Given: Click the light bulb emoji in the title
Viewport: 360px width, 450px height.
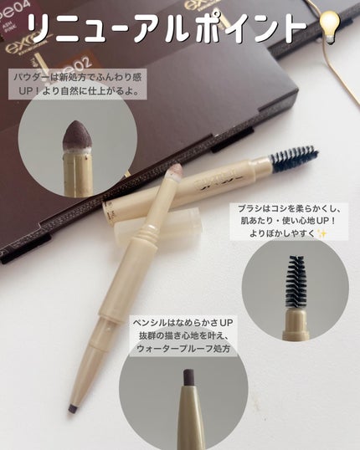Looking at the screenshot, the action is click(331, 28).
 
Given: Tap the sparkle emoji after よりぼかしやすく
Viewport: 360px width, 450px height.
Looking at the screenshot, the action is click(322, 234).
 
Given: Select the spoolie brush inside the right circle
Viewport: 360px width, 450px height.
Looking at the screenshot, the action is click(296, 282).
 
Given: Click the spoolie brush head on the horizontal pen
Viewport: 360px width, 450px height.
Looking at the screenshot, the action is click(294, 158).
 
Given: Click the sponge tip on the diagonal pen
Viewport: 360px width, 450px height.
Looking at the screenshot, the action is click(175, 171).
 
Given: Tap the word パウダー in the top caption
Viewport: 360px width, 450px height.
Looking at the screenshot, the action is click(33, 77).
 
